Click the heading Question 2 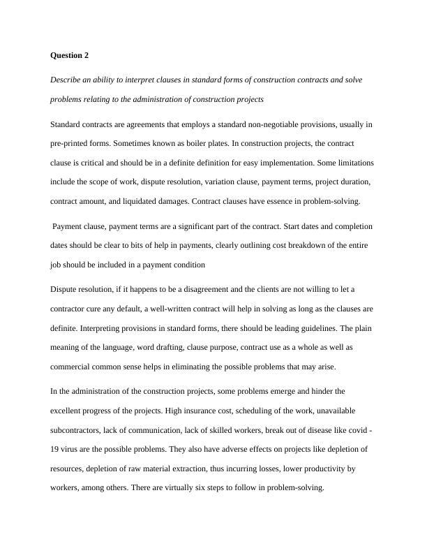[x=70, y=54]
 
